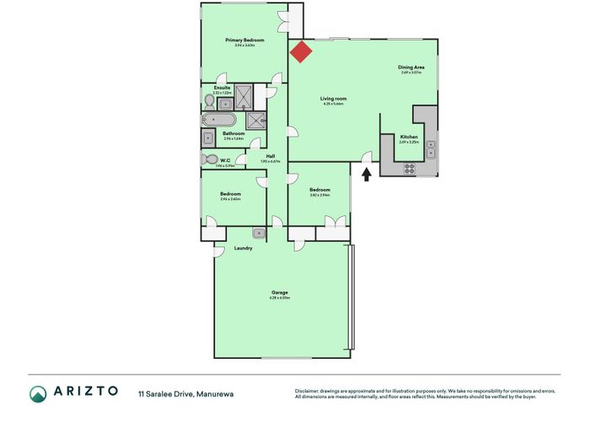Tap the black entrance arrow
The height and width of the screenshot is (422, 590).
pyautogui.click(x=366, y=175)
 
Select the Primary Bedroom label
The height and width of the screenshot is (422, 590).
pyautogui.click(x=244, y=41)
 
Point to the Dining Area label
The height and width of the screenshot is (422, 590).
pyautogui.click(x=410, y=67)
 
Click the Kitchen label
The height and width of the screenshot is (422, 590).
pyautogui.click(x=409, y=137)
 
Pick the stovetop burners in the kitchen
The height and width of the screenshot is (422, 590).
pyautogui.click(x=410, y=167)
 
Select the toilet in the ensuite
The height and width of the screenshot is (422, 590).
pyautogui.click(x=210, y=100)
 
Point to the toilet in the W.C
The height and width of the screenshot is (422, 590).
pyautogui.click(x=210, y=159)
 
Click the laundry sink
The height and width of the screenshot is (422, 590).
pyautogui.click(x=259, y=233)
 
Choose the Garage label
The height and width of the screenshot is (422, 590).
pyautogui.click(x=279, y=293)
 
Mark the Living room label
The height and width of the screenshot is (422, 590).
pyautogui.click(x=333, y=99)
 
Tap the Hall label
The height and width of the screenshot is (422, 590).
pyautogui.click(x=271, y=156)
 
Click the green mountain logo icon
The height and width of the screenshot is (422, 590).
pyautogui.click(x=39, y=393)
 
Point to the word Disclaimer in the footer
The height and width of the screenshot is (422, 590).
pyautogui.click(x=309, y=391)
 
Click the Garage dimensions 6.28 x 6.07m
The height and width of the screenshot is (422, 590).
pyautogui.click(x=279, y=298)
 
